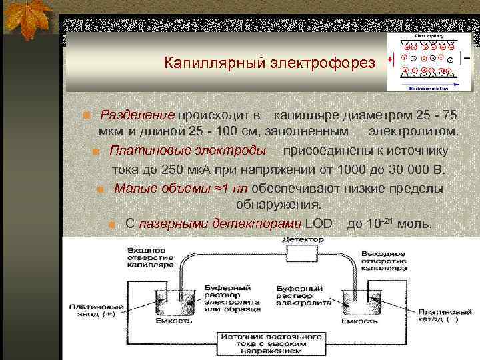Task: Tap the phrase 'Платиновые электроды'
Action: point(187,150)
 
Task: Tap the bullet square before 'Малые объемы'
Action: point(100,189)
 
